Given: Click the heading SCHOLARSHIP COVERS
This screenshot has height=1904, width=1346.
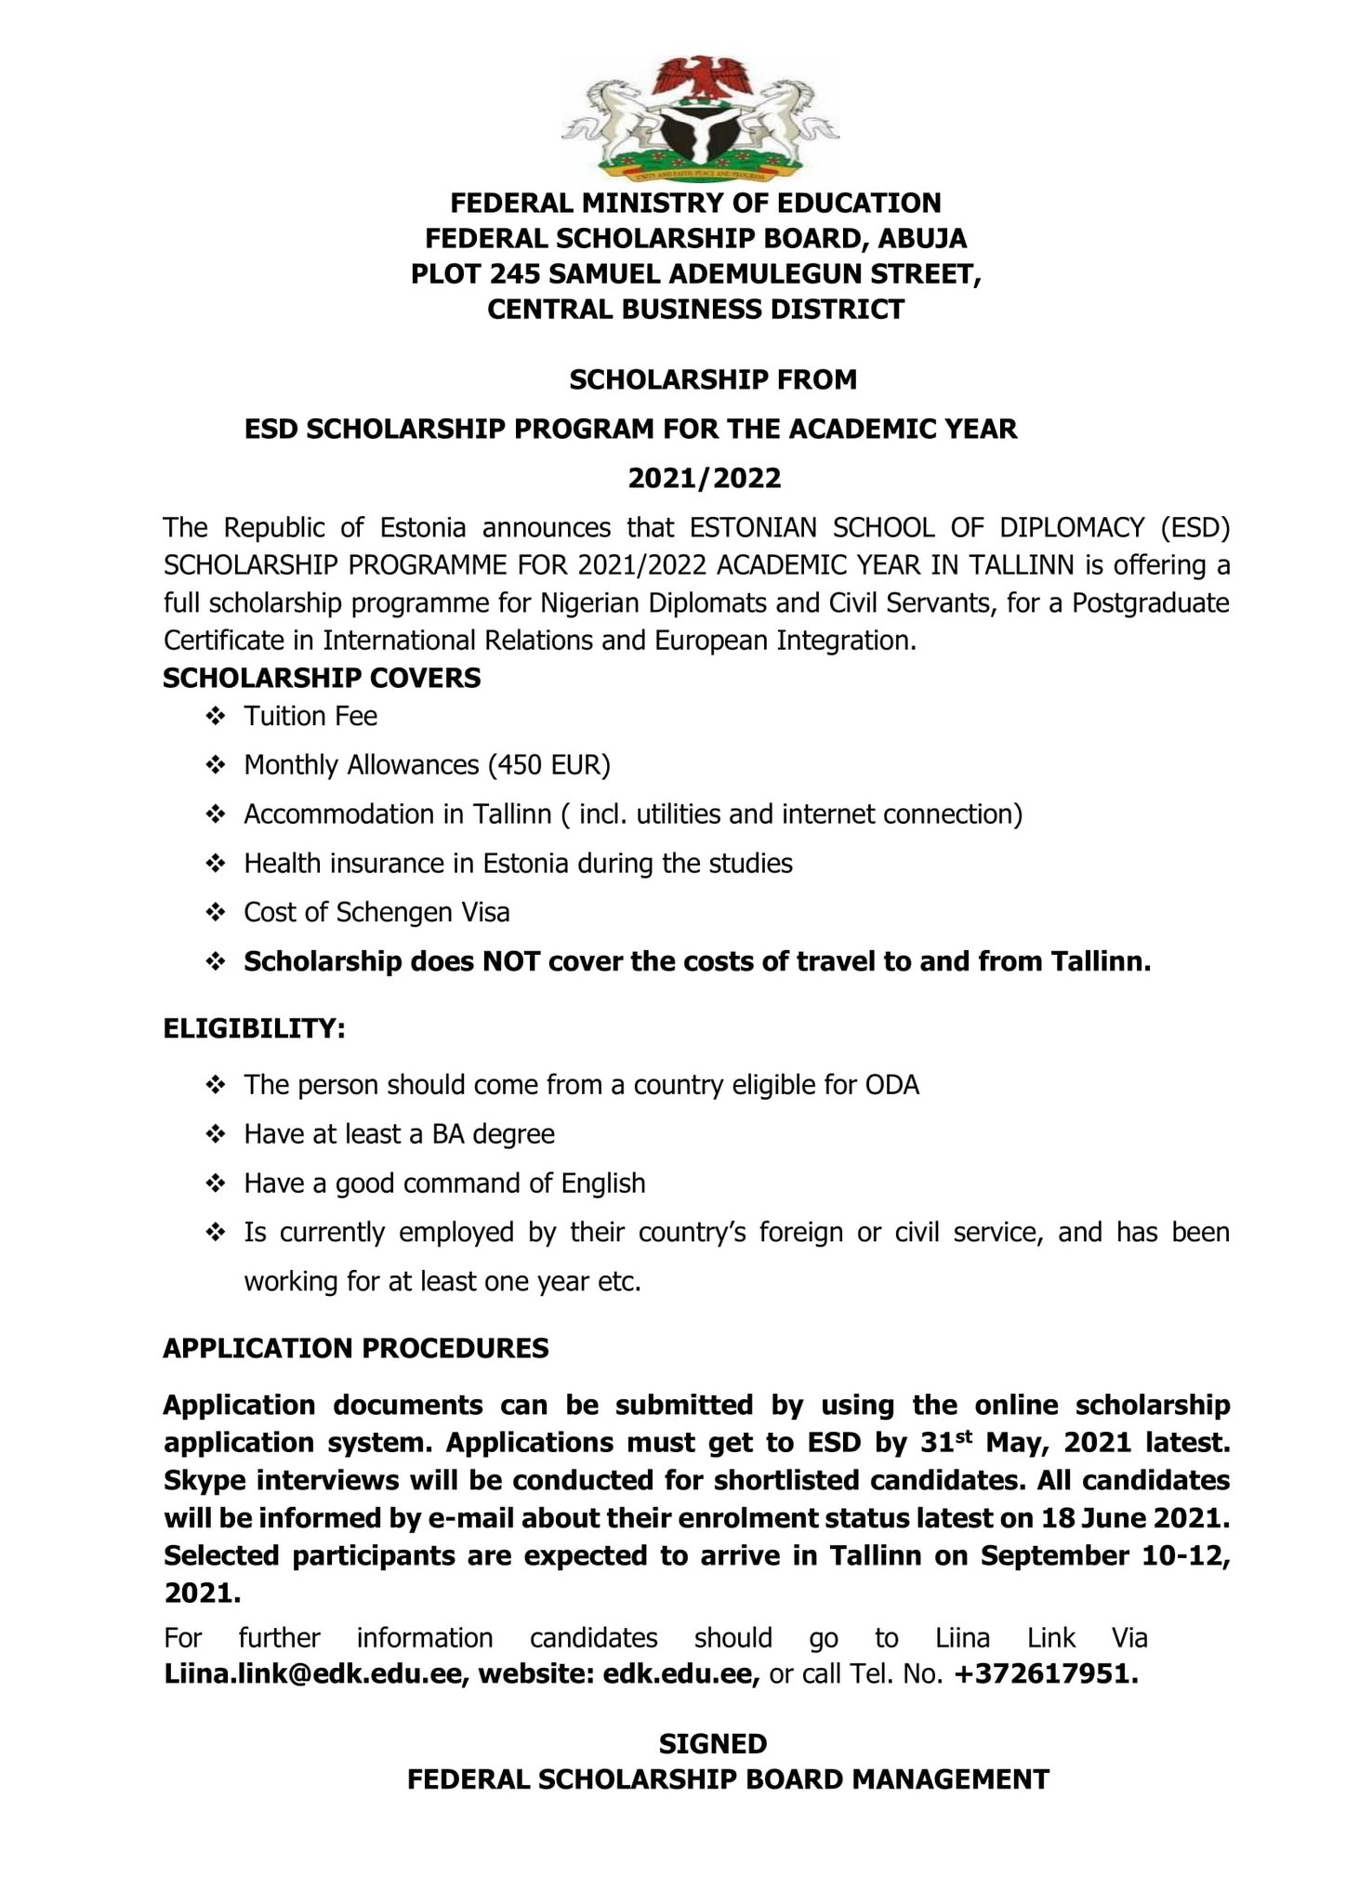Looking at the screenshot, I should click(x=322, y=678).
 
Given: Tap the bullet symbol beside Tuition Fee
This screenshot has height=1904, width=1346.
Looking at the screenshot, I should click(x=215, y=717).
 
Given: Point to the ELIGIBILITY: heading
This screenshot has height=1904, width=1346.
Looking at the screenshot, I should click(x=255, y=1029).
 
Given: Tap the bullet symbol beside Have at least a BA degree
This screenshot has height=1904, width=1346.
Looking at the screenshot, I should click(x=215, y=1134).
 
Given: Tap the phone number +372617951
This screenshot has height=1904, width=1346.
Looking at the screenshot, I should click(x=1045, y=1674).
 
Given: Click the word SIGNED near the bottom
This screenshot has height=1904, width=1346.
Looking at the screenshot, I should click(x=713, y=1742).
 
